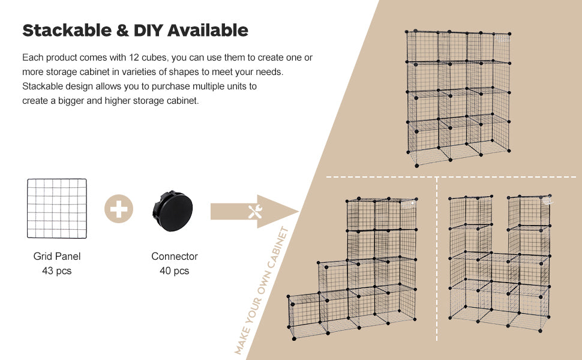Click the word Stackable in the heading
coord(67,31)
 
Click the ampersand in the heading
coord(122,31)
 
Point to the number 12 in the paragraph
coord(134,58)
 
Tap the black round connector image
coord(173,211)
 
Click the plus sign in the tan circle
coord(119,209)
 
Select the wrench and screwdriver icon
coord(256,212)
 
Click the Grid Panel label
coord(57,256)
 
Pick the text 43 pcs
coord(57,271)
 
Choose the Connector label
coord(175,256)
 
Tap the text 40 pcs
coord(175,271)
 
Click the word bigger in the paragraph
coord(71,101)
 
